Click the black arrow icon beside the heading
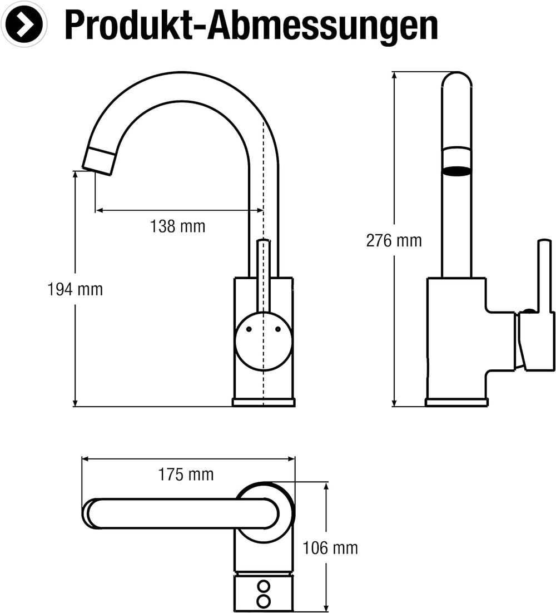[x=24, y=24]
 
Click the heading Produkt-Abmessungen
[x=251, y=26]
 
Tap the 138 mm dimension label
[x=178, y=226]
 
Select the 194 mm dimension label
[x=75, y=289]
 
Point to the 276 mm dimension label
[x=394, y=240]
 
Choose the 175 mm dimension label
[x=186, y=474]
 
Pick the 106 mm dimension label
[x=330, y=548]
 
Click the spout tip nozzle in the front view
[x=99, y=161]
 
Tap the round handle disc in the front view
[x=264, y=341]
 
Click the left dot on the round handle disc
[x=249, y=329]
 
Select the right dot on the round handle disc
[x=278, y=329]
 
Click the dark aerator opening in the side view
[x=456, y=171]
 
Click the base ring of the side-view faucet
[x=456, y=402]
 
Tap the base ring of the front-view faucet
[x=264, y=402]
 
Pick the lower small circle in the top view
[x=264, y=601]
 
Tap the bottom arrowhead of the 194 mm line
[x=76, y=403]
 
